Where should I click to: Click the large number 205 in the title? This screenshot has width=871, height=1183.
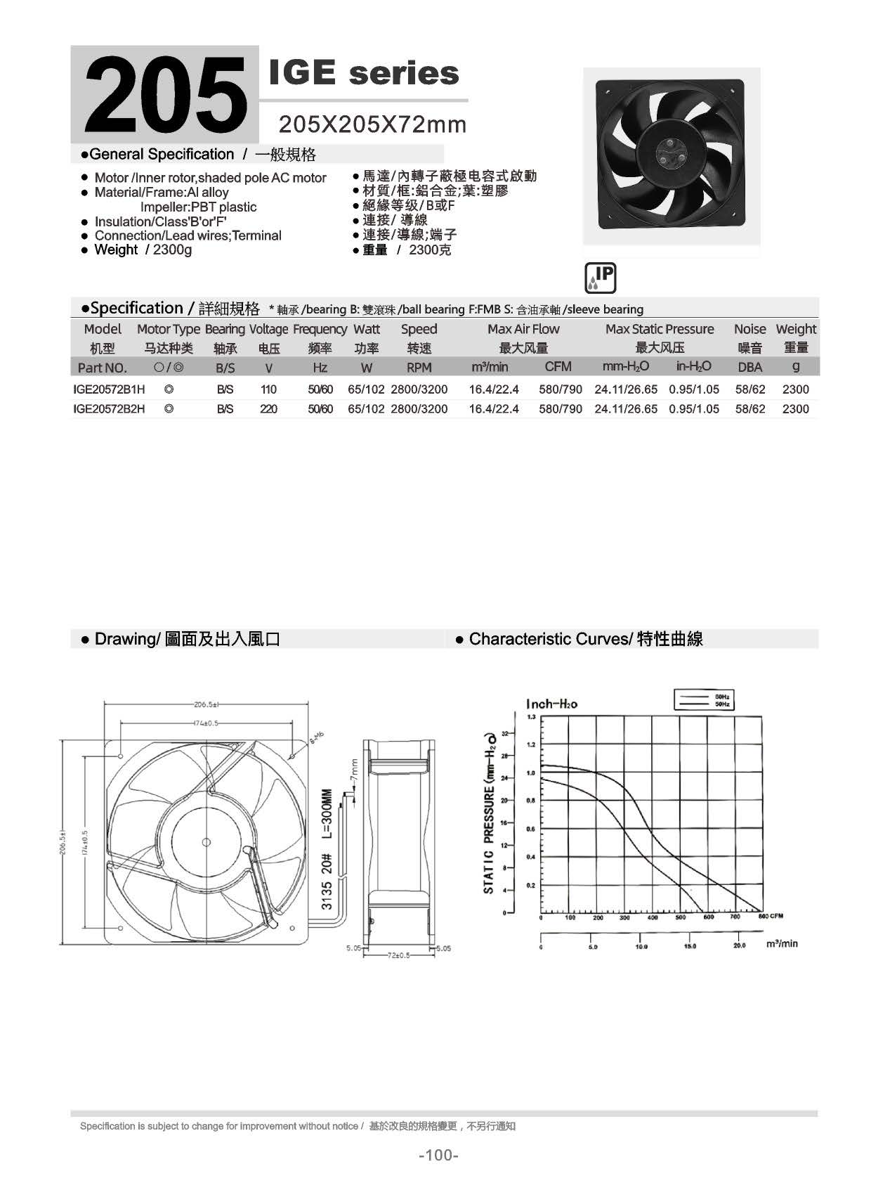pos(166,94)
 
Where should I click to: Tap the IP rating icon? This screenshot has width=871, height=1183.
pos(600,278)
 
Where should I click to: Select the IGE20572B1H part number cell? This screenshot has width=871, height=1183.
pos(109,389)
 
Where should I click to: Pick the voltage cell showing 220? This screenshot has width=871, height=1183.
pos(268,409)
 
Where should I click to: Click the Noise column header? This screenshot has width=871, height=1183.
pos(749,329)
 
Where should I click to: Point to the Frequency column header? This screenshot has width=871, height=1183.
pos(320,329)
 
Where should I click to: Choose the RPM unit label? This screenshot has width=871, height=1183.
pos(419,367)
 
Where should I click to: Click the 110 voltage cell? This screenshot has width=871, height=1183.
pos(268,389)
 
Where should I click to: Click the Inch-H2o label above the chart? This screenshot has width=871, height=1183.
pos(551,704)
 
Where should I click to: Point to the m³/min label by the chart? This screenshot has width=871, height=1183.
pos(782,943)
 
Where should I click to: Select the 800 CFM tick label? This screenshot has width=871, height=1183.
pos(771,917)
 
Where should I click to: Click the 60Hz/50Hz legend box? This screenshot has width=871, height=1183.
pos(704,700)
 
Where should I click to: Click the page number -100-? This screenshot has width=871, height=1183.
pos(438,1155)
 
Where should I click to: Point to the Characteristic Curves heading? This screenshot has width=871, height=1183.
pos(579,639)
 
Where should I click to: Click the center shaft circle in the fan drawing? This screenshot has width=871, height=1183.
pos(207,842)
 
